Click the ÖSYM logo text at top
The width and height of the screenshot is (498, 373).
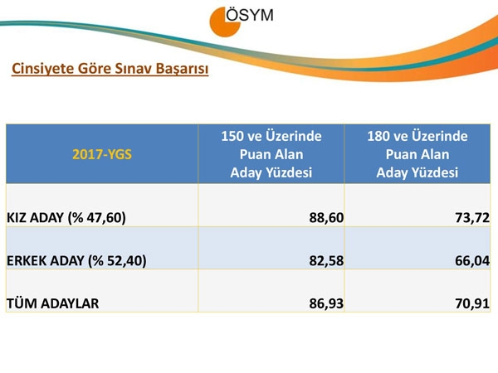click(x=253, y=15)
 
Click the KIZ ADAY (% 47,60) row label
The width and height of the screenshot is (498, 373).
click(x=66, y=218)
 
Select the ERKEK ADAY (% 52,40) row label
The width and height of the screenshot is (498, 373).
click(x=76, y=261)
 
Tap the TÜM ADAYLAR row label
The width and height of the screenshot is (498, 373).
click(x=52, y=303)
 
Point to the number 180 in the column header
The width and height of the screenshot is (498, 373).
click(x=379, y=135)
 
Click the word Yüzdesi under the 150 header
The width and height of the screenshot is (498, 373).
click(x=290, y=172)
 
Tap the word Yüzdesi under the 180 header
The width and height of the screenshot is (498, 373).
click(x=436, y=172)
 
